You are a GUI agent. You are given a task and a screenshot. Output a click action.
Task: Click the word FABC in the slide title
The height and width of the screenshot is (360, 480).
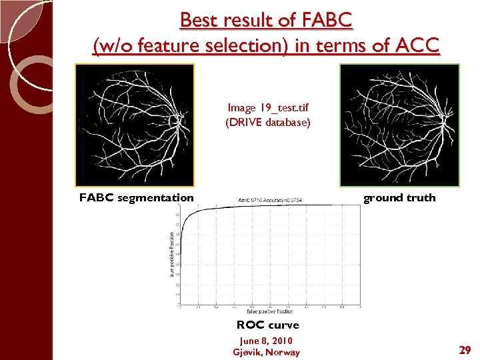[326, 21]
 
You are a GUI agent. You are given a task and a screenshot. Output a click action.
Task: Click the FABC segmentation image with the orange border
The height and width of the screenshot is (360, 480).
[134, 125]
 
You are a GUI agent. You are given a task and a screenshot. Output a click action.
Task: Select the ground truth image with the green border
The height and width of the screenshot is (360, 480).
[399, 125]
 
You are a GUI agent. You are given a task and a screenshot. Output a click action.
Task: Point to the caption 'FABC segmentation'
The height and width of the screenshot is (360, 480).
[136, 197]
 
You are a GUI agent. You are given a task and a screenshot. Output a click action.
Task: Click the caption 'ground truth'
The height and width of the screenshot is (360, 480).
[399, 197]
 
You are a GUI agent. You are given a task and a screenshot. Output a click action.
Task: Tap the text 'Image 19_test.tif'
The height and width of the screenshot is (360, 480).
[267, 108]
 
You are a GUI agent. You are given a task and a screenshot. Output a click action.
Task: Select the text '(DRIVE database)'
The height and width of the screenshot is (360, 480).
[267, 123]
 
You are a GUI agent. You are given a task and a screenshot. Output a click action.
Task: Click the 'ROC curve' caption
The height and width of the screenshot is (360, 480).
[267, 325]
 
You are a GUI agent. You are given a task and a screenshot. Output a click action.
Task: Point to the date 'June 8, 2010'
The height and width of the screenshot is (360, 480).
[266, 341]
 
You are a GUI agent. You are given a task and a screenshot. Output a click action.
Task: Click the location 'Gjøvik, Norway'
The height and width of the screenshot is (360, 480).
[266, 352]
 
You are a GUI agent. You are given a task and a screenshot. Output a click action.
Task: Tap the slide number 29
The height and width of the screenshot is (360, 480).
[464, 349]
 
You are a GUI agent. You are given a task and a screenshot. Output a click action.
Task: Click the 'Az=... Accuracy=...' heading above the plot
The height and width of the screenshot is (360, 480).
[270, 199]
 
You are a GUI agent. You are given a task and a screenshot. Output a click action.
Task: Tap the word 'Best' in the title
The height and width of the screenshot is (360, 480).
[200, 21]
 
